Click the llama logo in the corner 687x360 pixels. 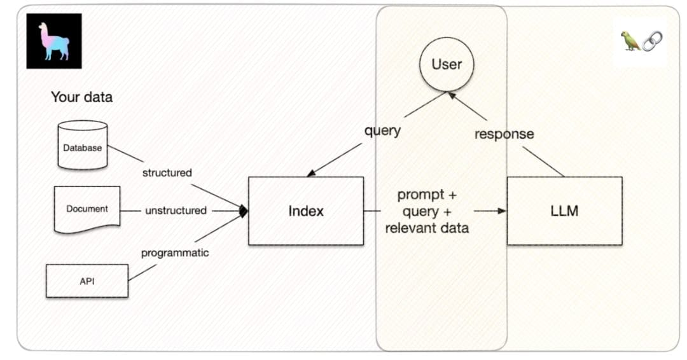click(x=54, y=41)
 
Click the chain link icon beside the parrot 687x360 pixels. click(x=651, y=41)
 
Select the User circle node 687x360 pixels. click(x=447, y=64)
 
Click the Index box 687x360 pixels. click(x=305, y=211)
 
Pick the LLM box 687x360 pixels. click(x=564, y=211)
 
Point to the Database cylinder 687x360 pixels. click(x=82, y=146)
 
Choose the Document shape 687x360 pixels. click(x=87, y=209)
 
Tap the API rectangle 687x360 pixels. click(x=87, y=280)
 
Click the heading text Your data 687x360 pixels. click(x=81, y=97)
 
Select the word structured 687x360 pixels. click(x=167, y=172)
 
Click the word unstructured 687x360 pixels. click(x=176, y=211)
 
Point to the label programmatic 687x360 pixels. click(x=174, y=253)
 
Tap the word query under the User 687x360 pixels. click(x=382, y=131)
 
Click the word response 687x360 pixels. click(x=504, y=134)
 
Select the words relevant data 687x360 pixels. click(x=427, y=228)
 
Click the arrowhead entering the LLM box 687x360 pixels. click(x=503, y=211)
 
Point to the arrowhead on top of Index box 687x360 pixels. click(x=311, y=173)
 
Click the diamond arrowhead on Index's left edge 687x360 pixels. click(x=243, y=211)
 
